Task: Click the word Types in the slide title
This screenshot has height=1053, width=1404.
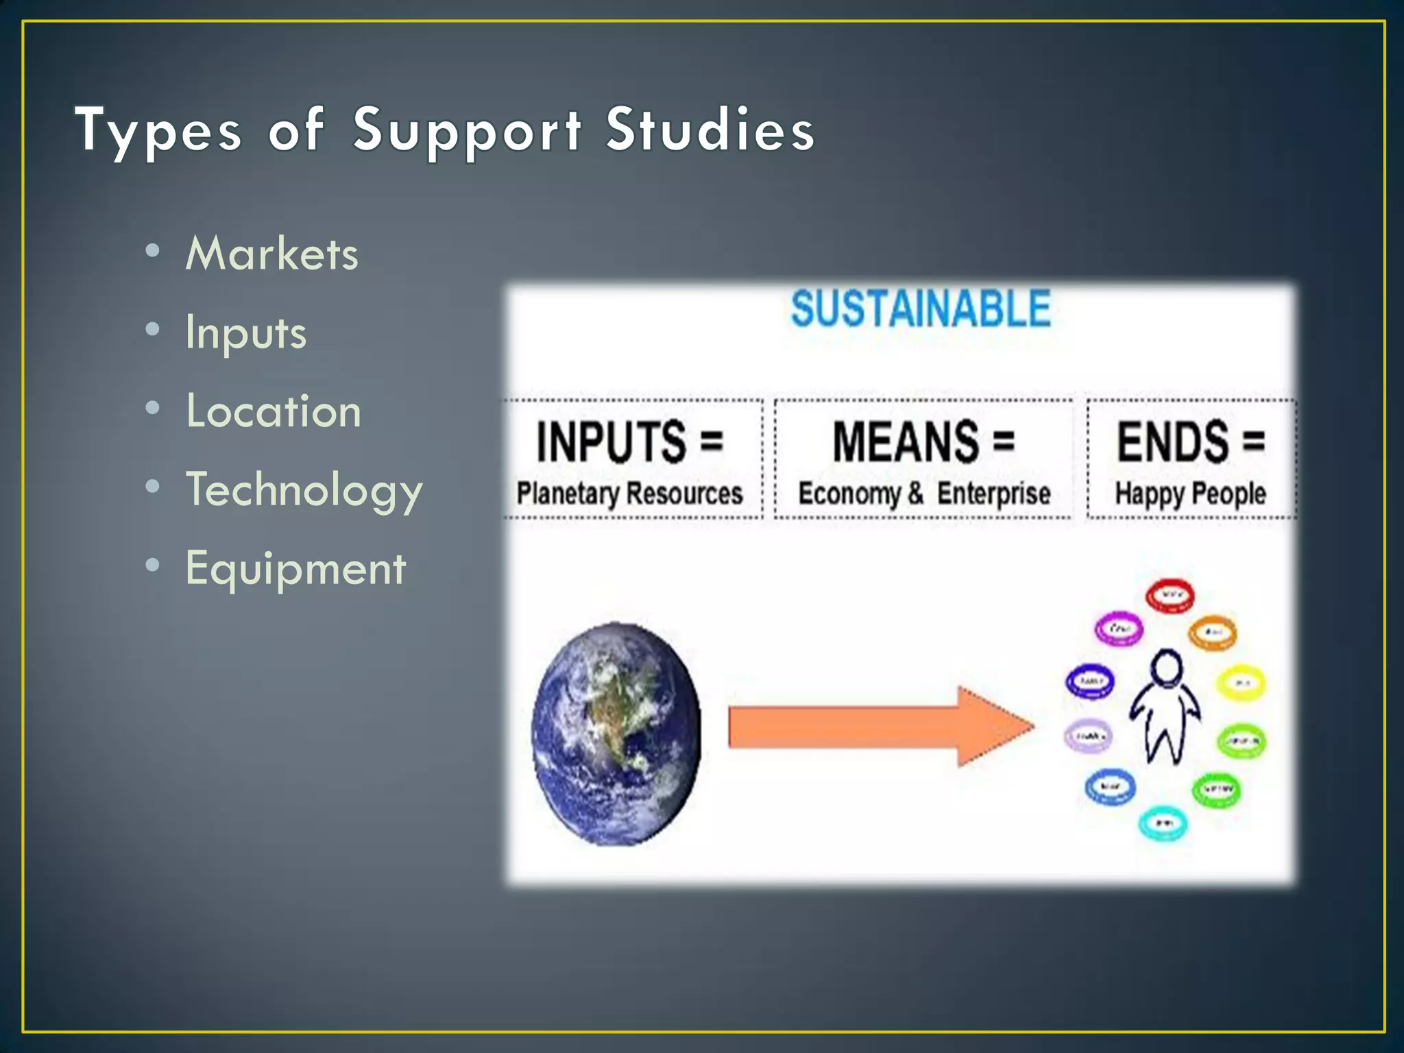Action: pyautogui.click(x=158, y=130)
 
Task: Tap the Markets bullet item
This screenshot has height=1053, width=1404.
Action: pyautogui.click(x=271, y=254)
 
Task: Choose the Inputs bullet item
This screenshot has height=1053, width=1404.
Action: pyautogui.click(x=245, y=332)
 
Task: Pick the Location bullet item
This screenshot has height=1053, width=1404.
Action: pyautogui.click(x=273, y=411)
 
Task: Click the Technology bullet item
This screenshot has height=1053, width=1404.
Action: pyautogui.click(x=304, y=490)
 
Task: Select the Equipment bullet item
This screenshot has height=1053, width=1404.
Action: pyautogui.click(x=295, y=569)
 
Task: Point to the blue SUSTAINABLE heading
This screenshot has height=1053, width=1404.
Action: pyautogui.click(x=920, y=308)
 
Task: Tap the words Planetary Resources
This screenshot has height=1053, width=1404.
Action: pyautogui.click(x=629, y=494)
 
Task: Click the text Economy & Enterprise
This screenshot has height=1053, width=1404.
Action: pyautogui.click(x=923, y=494)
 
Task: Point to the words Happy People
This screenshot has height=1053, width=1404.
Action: pyautogui.click(x=1190, y=494)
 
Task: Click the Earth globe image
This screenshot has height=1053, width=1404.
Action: pyautogui.click(x=616, y=734)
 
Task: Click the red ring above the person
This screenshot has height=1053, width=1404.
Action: pyautogui.click(x=1170, y=595)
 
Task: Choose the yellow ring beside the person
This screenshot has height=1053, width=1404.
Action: pyautogui.click(x=1241, y=683)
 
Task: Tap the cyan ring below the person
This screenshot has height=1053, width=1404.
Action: pyautogui.click(x=1163, y=823)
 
